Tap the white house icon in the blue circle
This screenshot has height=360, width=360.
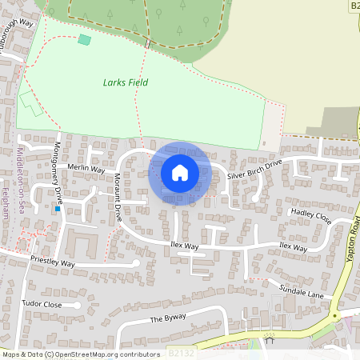pos(180,172)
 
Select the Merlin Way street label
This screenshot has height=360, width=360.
pos(86,169)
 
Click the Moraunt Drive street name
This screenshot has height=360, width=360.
pos(117,197)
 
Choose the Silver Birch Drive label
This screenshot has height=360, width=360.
pos(254,169)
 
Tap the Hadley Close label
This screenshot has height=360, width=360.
pos(311,216)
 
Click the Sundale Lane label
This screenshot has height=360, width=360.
pos(301,290)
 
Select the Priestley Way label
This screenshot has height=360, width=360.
pos(52,262)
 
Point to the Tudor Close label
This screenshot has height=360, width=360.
pos(42,305)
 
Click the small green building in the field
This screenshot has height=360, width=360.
pos(84,39)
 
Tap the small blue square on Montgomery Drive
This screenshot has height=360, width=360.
pos(58,208)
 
